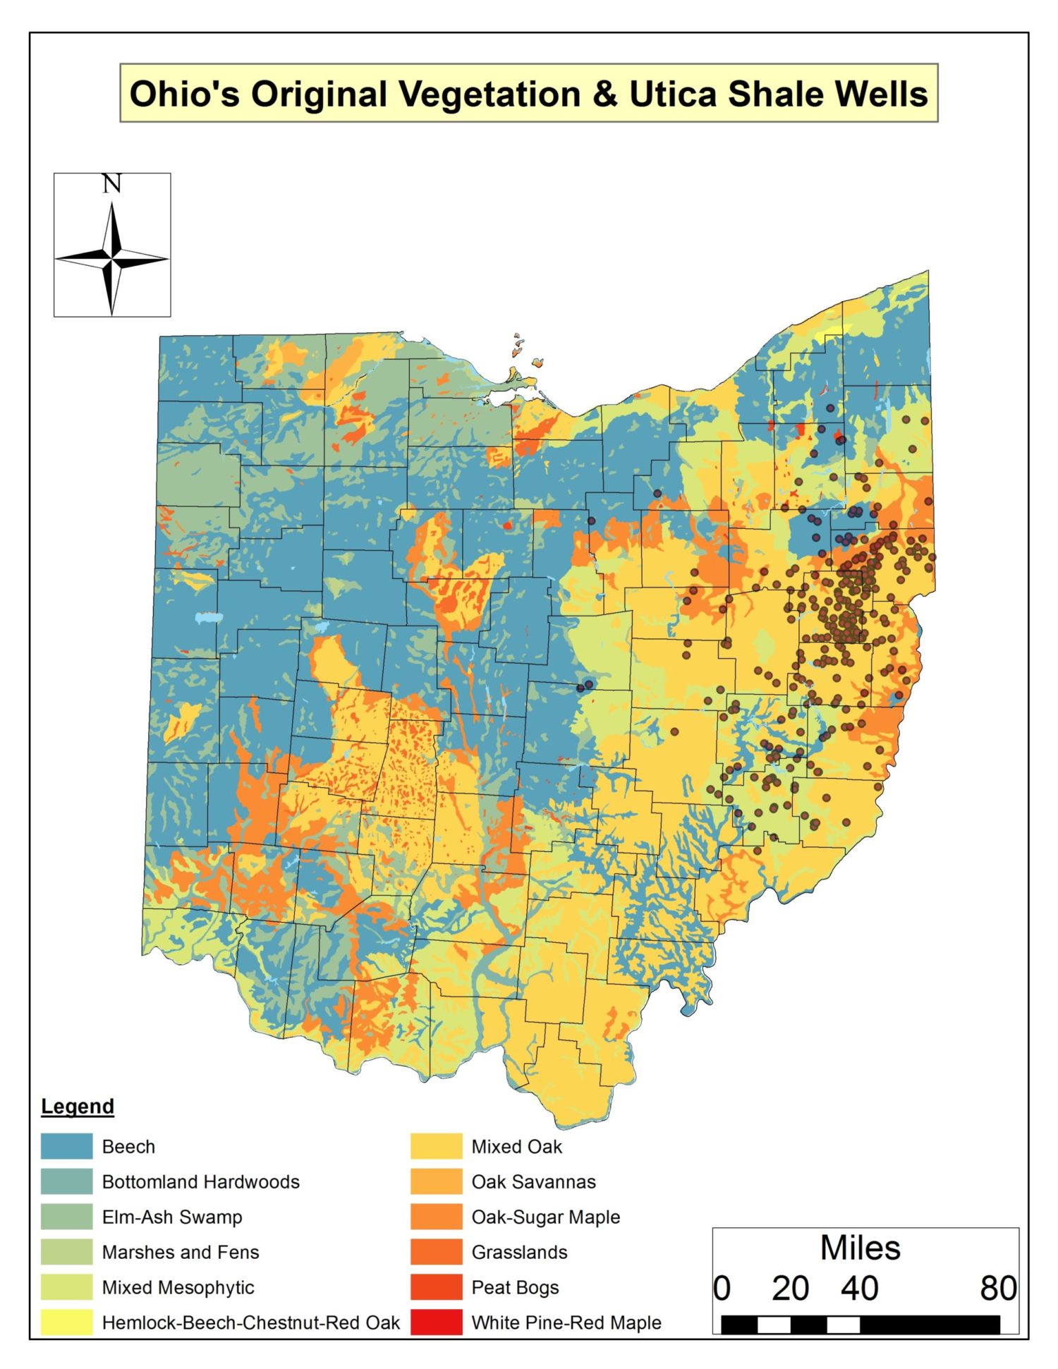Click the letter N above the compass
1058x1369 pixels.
111,184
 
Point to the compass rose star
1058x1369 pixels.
112,259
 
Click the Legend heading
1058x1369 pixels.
78,1106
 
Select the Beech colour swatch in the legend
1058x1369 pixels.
66,1146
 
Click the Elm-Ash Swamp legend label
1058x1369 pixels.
172,1217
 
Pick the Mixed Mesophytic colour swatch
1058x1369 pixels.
66,1287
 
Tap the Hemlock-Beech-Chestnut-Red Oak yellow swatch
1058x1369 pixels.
66,1322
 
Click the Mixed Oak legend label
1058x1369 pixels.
516,1146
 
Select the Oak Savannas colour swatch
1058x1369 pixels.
436,1181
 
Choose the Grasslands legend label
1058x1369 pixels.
519,1252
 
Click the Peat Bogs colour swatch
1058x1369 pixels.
436,1287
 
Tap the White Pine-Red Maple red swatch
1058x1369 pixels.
436,1322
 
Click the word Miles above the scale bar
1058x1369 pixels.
860,1248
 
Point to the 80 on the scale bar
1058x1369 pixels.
998,1289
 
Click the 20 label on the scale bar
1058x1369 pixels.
790,1289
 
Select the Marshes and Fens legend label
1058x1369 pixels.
181,1252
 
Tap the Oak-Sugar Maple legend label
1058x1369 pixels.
546,1217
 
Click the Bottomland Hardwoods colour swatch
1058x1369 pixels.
66,1181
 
